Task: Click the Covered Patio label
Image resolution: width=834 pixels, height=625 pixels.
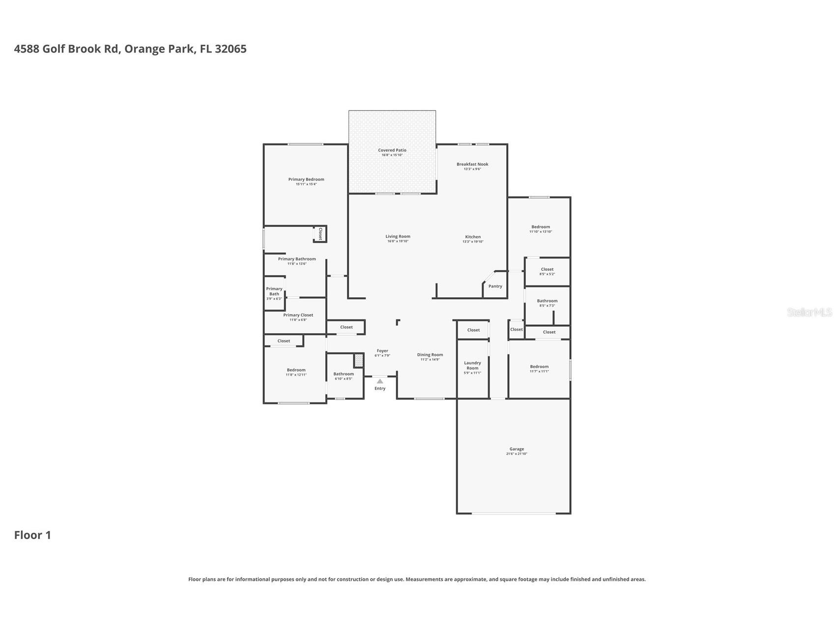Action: tap(392, 150)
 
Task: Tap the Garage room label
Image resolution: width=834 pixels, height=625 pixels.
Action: tap(517, 449)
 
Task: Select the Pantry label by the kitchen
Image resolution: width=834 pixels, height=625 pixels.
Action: tap(495, 286)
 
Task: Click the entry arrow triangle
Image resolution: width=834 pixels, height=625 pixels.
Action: tap(380, 381)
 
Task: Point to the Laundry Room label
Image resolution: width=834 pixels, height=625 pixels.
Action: tap(472, 366)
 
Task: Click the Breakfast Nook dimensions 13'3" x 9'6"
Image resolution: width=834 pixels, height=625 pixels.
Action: tap(472, 169)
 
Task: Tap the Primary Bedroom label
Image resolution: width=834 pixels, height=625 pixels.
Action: tap(306, 179)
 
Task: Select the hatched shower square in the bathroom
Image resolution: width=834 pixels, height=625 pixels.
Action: tap(359, 361)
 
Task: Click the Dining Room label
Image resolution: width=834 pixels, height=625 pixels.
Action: tap(430, 355)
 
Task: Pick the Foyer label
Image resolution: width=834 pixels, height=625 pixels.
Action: tap(382, 351)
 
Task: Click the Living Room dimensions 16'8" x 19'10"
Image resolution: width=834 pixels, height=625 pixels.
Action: tap(398, 241)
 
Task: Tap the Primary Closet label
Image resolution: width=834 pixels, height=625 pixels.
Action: tap(298, 315)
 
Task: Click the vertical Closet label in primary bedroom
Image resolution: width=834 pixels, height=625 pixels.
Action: tap(320, 233)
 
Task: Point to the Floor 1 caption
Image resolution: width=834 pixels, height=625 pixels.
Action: tap(32, 535)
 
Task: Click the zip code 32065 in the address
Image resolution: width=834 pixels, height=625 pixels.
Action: tap(230, 49)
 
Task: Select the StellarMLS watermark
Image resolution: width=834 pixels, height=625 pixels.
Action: tap(809, 312)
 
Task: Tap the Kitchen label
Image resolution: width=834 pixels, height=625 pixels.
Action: tap(473, 237)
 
